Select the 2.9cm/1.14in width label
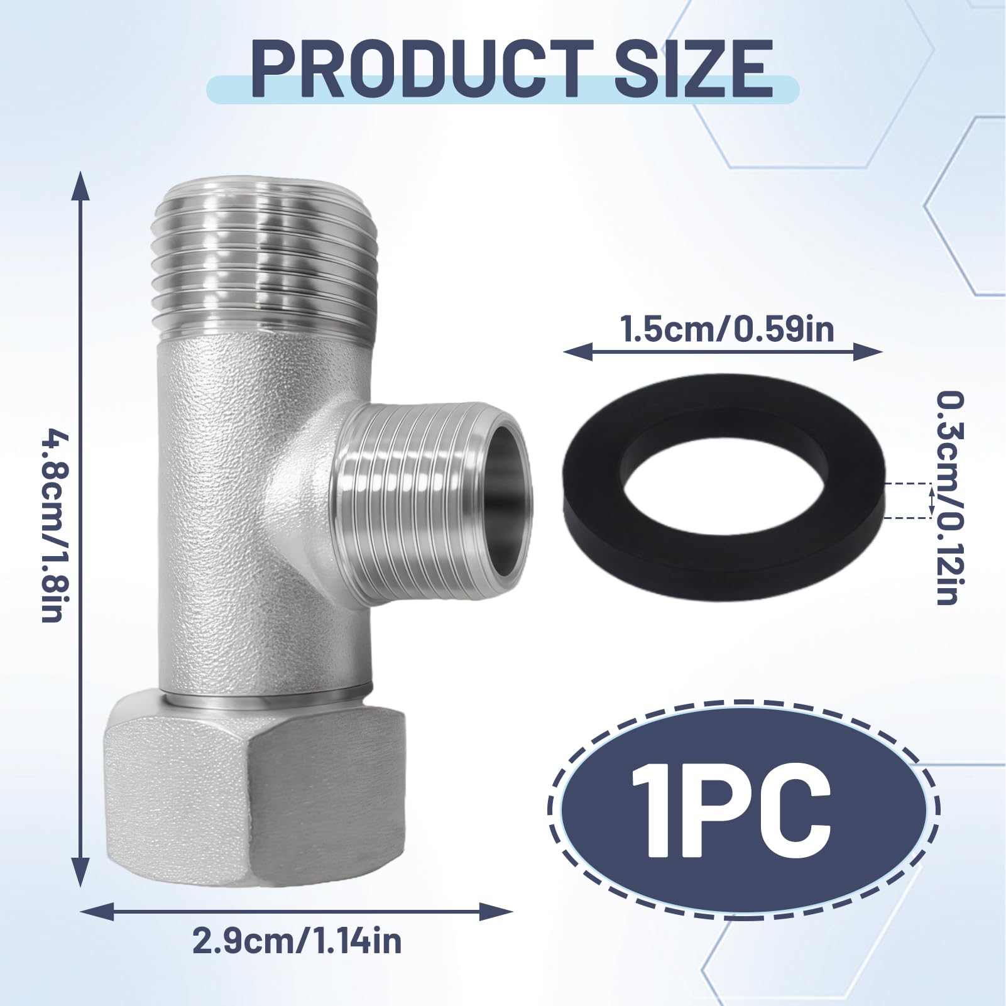click(297, 941)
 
